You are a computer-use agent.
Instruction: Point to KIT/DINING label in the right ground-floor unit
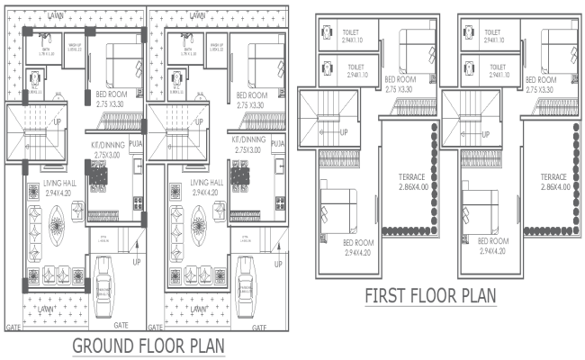[247, 141]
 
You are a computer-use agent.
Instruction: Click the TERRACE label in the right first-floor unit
[553, 176]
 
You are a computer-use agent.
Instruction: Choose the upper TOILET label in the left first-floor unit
[350, 32]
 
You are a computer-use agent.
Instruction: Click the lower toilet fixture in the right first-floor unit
[468, 66]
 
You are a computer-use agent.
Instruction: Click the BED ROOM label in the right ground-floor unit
[251, 95]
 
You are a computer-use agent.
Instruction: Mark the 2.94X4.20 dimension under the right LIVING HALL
[206, 193]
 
